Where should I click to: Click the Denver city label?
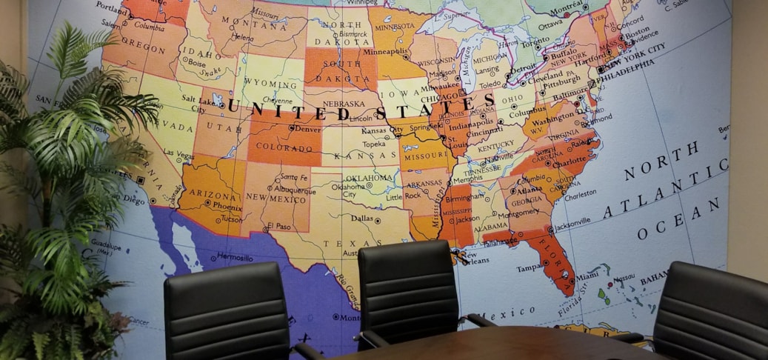point(307,128)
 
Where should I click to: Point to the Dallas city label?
point(362,219)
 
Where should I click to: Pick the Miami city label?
point(587,276)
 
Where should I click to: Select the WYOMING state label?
point(273,84)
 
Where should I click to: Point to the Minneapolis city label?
point(382,53)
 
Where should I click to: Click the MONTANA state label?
point(258,26)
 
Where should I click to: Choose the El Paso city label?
point(279,226)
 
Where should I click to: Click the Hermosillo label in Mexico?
point(236,258)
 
